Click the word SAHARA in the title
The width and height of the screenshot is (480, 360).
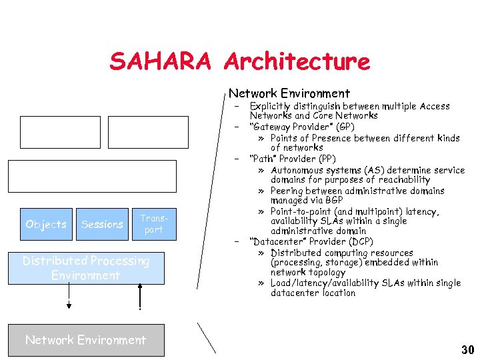[x=161, y=61]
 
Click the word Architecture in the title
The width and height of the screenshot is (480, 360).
[x=297, y=61]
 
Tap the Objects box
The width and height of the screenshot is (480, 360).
[x=45, y=224]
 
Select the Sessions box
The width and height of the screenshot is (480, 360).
[x=102, y=224]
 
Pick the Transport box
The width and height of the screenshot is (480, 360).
[x=153, y=224]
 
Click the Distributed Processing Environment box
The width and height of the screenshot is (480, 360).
[x=86, y=268]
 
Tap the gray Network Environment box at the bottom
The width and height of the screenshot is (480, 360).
[x=85, y=340]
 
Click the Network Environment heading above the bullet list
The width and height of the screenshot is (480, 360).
[x=289, y=93]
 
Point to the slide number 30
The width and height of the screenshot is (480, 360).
[x=467, y=350]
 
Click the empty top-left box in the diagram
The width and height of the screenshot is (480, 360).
[x=60, y=132]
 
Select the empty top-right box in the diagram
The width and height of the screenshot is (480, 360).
[x=143, y=132]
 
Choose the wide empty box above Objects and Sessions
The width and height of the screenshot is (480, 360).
[x=93, y=176]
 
